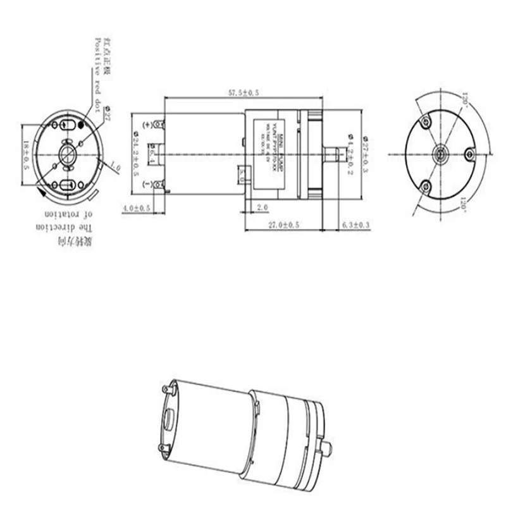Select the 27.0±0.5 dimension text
(284, 225)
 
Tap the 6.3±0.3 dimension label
(355, 225)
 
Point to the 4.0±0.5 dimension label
(136, 208)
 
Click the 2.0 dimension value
(263, 207)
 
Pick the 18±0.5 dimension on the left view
(26, 155)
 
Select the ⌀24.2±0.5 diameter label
(135, 152)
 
